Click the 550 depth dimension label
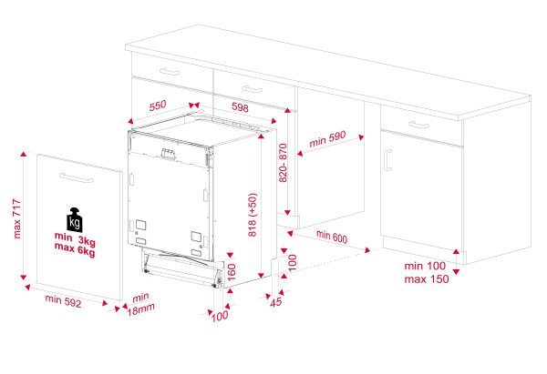(x=158, y=106)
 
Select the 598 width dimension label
(x=241, y=107)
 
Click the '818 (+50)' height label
(x=253, y=216)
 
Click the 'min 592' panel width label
(x=64, y=301)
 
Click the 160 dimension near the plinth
(x=231, y=270)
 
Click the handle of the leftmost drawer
(x=170, y=69)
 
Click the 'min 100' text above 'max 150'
(x=425, y=265)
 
